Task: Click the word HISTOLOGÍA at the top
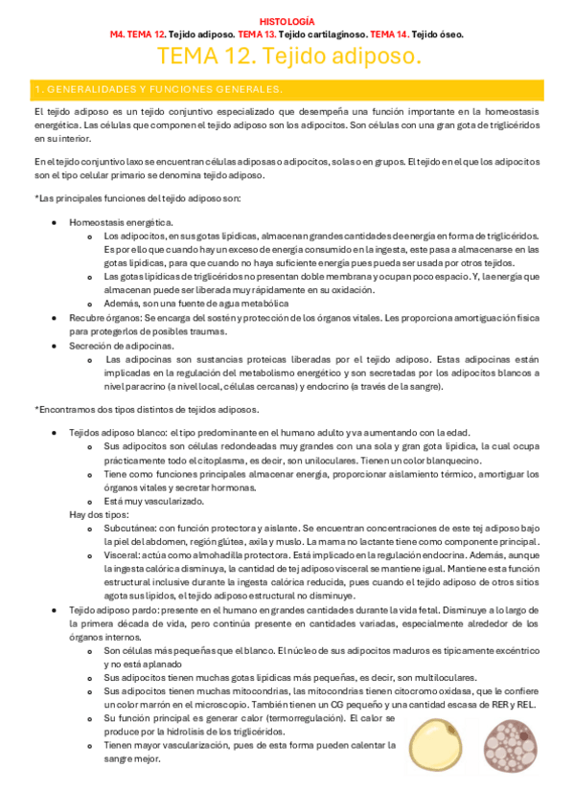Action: point(287,20)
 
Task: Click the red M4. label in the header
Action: point(119,34)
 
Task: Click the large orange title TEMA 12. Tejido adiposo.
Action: point(287,57)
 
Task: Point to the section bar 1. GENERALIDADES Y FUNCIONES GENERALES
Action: point(158,89)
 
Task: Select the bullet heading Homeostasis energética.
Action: point(121,222)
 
